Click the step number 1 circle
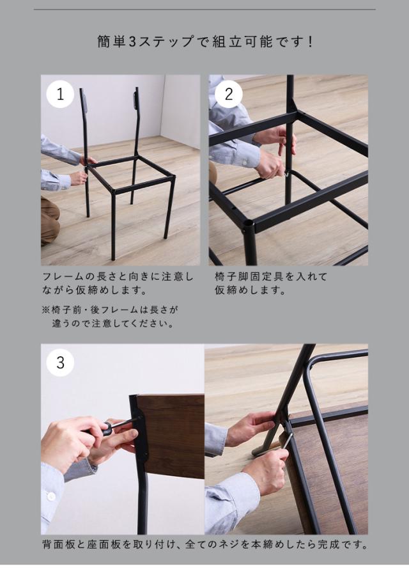tap(60, 94)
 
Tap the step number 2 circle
tap(229, 94)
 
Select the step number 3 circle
tap(60, 363)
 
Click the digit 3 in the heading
tap(132, 42)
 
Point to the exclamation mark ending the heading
tap(310, 42)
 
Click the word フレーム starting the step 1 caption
tap(65, 277)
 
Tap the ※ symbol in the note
tap(45, 310)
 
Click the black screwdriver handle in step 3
tap(104, 429)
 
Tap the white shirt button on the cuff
tap(52, 496)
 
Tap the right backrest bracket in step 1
tap(136, 99)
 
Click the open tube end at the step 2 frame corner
tap(249, 223)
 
